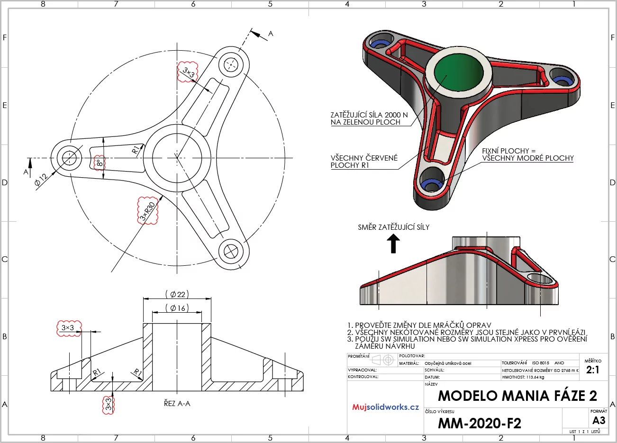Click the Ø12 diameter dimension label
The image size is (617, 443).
41,180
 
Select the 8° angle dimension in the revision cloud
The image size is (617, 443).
99,163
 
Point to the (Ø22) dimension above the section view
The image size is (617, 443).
177,294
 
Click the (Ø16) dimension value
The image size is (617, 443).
177,308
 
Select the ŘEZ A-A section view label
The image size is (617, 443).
177,404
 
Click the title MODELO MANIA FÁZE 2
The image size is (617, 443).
517,396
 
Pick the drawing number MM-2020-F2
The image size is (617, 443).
479,423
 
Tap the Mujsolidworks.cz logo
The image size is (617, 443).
385,407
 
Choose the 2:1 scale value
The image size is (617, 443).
592,370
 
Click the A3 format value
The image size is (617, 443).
599,420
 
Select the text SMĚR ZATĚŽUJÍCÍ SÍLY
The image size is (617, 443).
393,227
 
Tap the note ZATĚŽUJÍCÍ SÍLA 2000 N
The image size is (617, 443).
369,115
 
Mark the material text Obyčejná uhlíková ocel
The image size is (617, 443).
448,363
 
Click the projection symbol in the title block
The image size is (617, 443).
383,360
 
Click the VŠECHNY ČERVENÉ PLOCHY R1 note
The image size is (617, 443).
364,162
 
